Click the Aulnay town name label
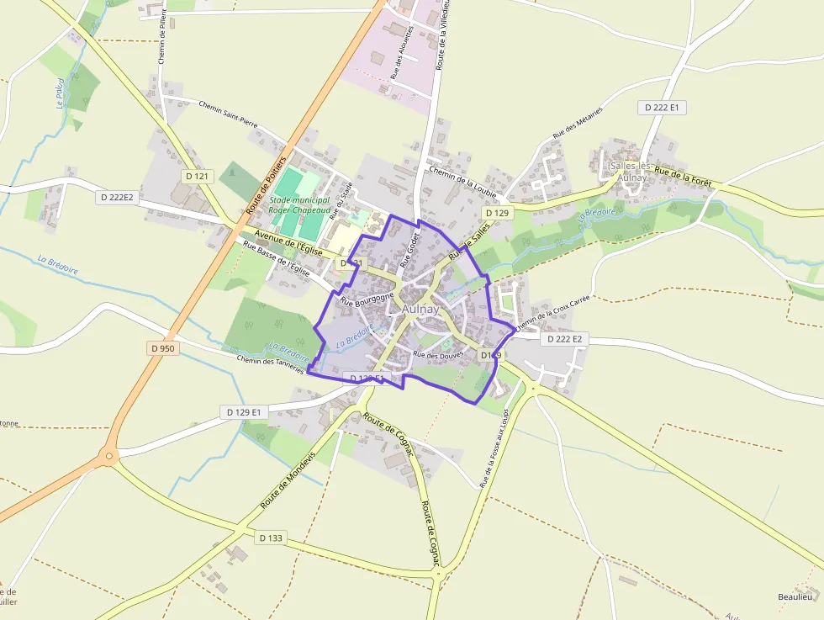420,309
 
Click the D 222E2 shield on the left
117,197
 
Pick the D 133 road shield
271,538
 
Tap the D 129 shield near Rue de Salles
499,213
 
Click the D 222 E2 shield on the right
564,339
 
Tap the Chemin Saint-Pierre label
228,114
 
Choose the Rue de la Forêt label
683,176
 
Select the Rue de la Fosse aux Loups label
494,448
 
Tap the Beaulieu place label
795,596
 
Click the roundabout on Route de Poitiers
108,458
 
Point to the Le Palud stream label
60,93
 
